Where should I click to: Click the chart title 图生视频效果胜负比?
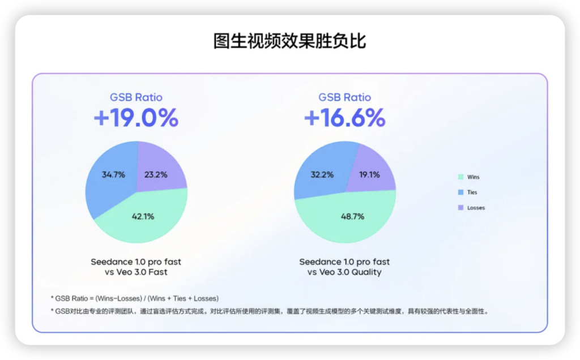pyautogui.click(x=289, y=41)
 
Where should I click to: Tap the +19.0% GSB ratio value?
pyautogui.click(x=136, y=118)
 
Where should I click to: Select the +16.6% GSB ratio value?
pyautogui.click(x=344, y=118)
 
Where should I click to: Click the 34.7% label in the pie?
pyautogui.click(x=113, y=174)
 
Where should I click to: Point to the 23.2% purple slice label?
pyautogui.click(x=156, y=174)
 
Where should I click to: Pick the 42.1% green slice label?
pyautogui.click(x=143, y=216)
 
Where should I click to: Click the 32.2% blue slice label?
pyautogui.click(x=322, y=174)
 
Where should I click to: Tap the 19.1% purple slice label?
pyautogui.click(x=369, y=174)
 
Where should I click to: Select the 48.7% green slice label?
pyautogui.click(x=352, y=216)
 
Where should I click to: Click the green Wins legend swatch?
pyautogui.click(x=460, y=177)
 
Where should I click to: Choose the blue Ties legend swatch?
pyautogui.click(x=460, y=192)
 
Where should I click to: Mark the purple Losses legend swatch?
pyautogui.click(x=460, y=208)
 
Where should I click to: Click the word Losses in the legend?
pyautogui.click(x=476, y=208)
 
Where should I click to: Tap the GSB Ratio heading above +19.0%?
pyautogui.click(x=136, y=97)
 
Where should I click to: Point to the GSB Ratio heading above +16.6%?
pyautogui.click(x=345, y=97)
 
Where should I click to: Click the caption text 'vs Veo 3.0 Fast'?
pyautogui.click(x=136, y=272)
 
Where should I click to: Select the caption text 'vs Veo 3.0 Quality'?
pyautogui.click(x=344, y=272)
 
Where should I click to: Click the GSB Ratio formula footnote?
pyautogui.click(x=135, y=298)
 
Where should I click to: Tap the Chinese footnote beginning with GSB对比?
pyautogui.click(x=270, y=311)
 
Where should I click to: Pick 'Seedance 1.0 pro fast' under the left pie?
pyautogui.click(x=136, y=262)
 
